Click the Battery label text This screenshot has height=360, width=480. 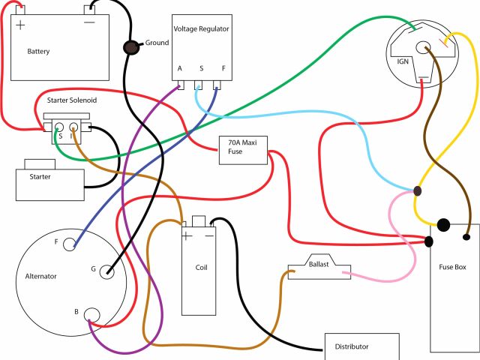(38, 52)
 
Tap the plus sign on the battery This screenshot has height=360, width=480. (20, 25)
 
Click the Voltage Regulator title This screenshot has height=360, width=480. (201, 28)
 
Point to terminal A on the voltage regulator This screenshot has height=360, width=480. (180, 68)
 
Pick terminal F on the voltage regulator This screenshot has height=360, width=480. (222, 68)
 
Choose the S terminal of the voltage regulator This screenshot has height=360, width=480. (201, 68)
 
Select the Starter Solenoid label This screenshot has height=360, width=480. (70, 100)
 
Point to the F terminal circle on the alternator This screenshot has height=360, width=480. (70, 243)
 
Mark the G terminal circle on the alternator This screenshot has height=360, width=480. (106, 271)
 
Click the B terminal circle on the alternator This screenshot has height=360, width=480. (91, 314)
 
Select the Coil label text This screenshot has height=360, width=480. (200, 267)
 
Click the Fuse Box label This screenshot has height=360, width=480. (454, 267)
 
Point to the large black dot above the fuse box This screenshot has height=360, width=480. (443, 224)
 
